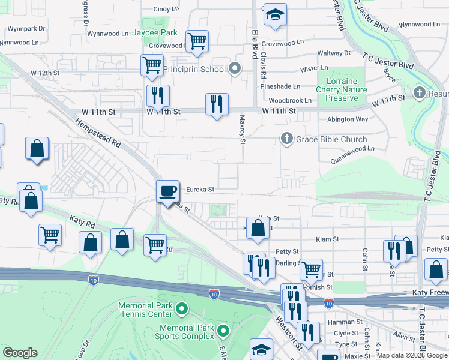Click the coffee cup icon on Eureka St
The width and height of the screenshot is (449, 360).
coord(167,191)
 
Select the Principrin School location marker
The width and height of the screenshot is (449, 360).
coord(235,69)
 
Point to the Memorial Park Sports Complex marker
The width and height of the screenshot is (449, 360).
coord(223,331)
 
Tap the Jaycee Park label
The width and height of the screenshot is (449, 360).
coord(155,32)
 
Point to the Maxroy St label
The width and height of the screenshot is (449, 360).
coord(243,130)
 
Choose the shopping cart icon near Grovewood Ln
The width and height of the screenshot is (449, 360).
coord(196,41)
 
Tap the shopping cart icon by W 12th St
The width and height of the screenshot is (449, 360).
coord(152,64)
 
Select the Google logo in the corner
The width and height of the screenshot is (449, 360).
coord(20,353)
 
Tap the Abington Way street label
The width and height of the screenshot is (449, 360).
coord(348,119)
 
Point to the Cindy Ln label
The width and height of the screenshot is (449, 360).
coord(166,9)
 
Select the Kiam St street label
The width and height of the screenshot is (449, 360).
coord(327,239)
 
